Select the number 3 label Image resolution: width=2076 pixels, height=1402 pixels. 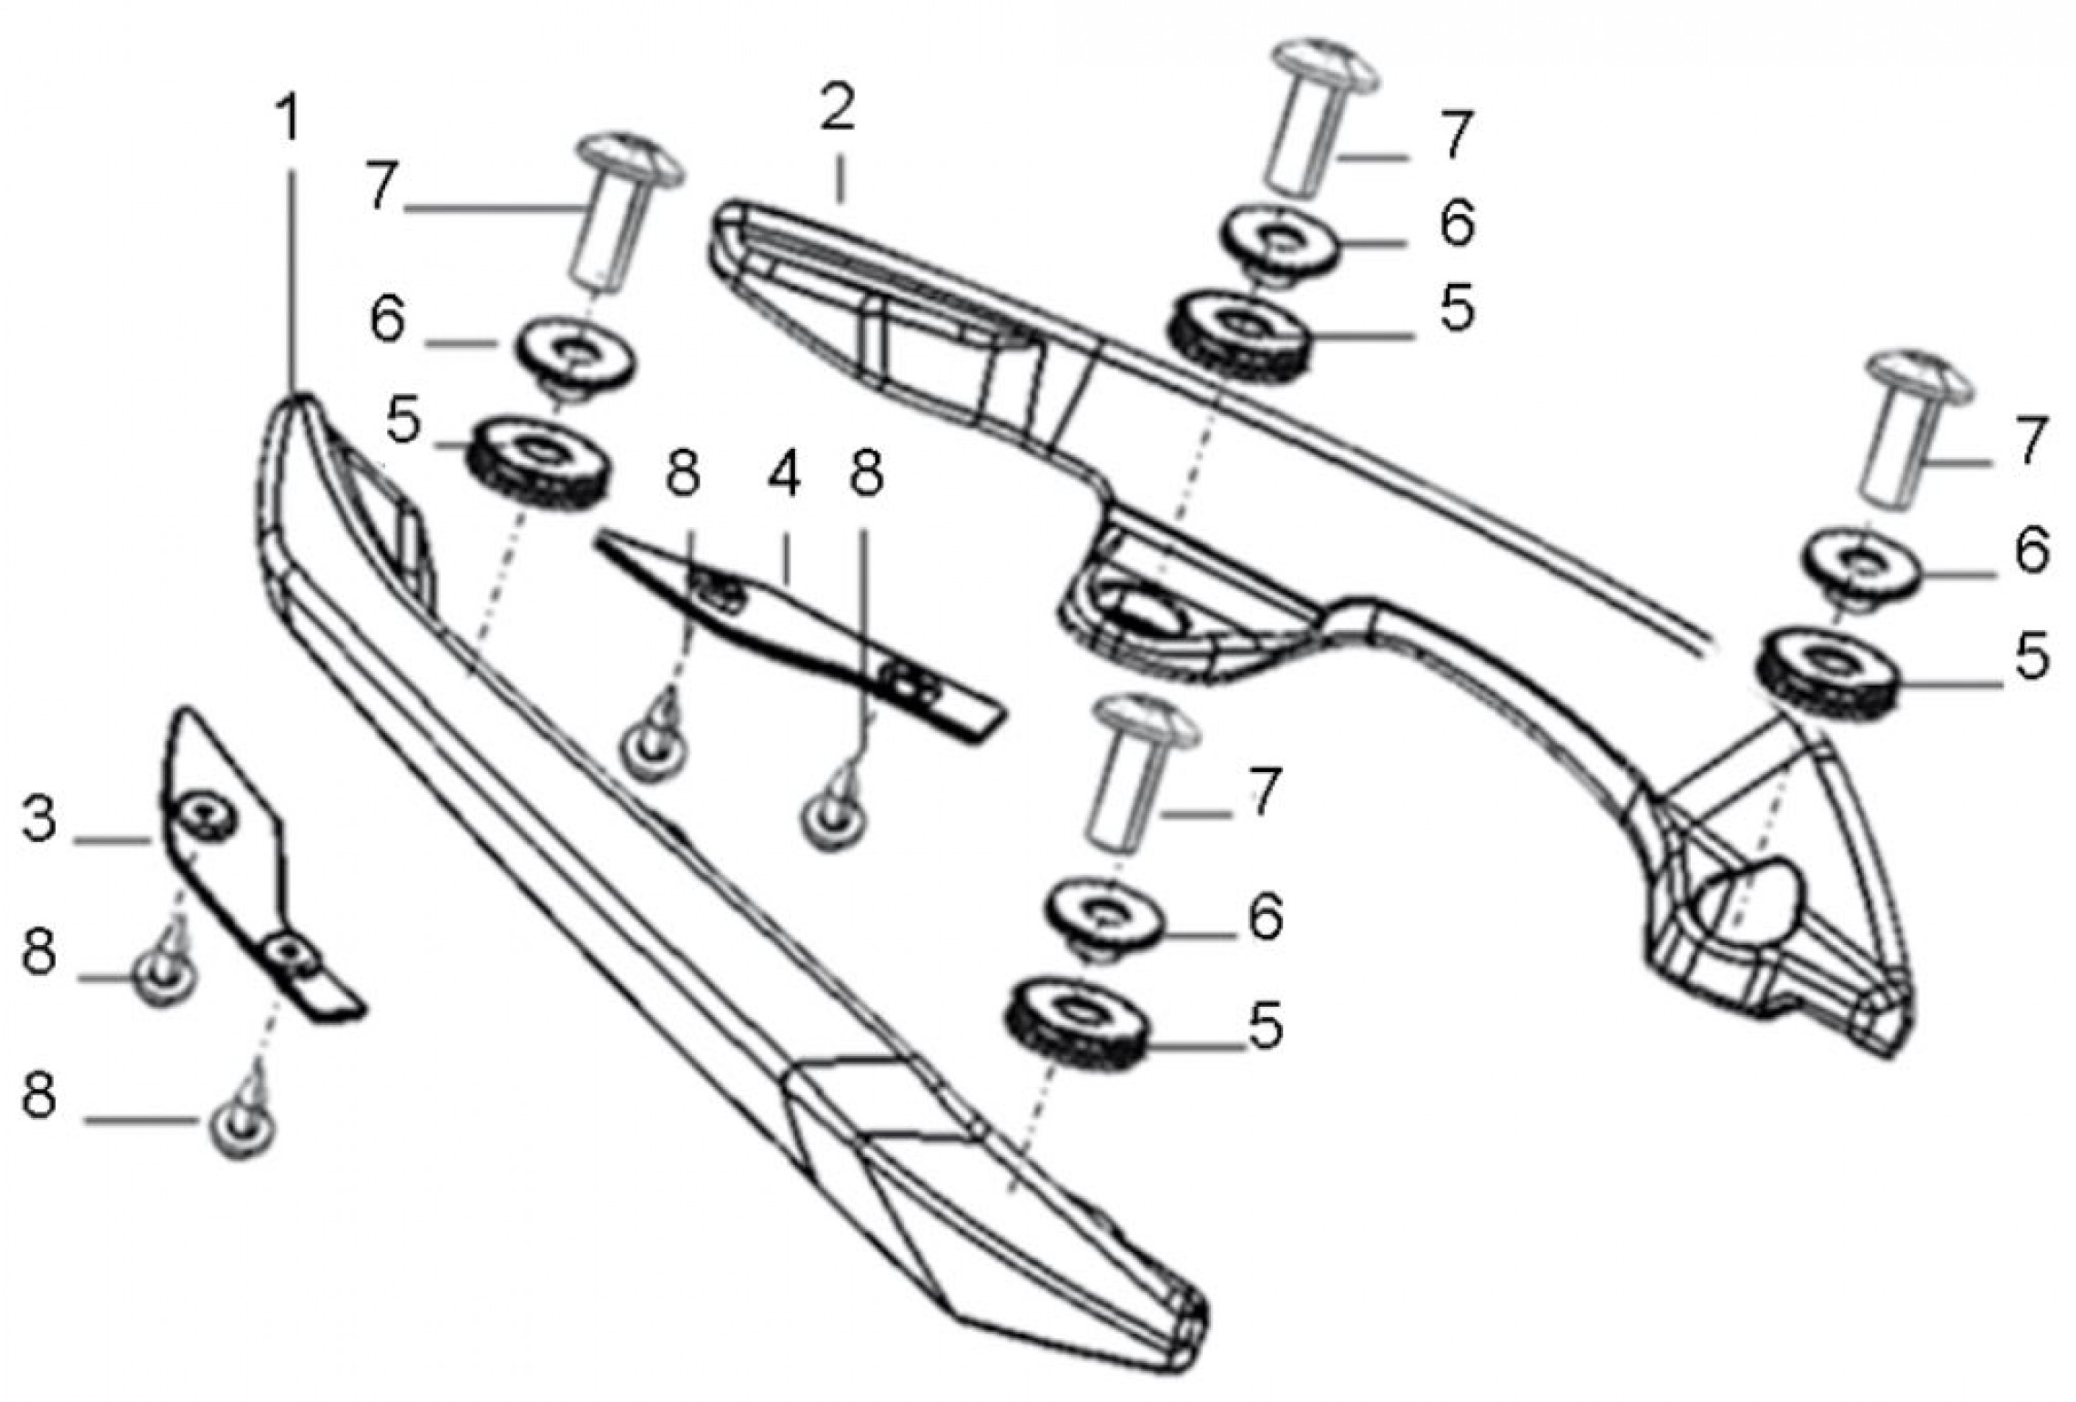click(x=39, y=820)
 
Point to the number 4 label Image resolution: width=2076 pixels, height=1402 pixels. click(x=784, y=474)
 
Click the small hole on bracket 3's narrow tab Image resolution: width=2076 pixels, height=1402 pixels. click(x=291, y=952)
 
